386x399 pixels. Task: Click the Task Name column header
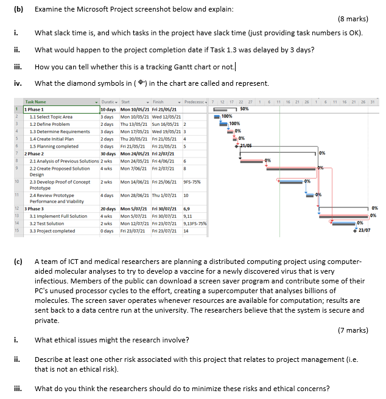[x=35, y=102]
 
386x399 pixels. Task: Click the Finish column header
[x=160, y=102]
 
